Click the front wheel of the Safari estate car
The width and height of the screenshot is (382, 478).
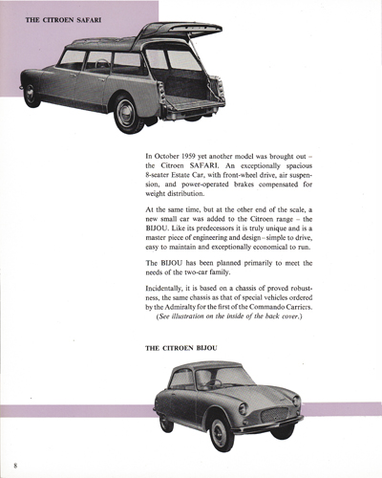32,94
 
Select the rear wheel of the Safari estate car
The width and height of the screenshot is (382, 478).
128,115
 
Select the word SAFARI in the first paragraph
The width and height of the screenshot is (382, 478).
221,166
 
